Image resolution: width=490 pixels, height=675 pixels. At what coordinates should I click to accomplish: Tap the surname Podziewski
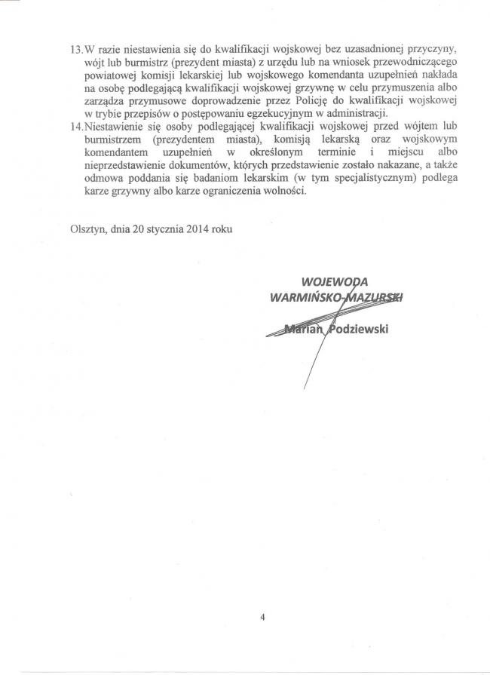[354, 327]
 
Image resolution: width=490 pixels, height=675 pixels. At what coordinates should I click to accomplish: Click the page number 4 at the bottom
[262, 618]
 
